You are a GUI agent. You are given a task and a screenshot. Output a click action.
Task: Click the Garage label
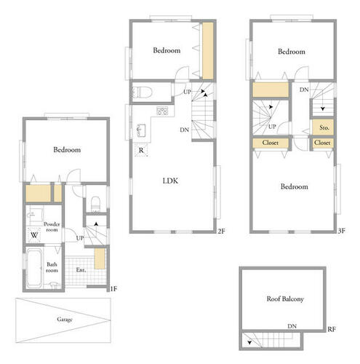pos(65,320)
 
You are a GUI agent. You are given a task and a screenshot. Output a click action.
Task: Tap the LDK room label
pos(170,181)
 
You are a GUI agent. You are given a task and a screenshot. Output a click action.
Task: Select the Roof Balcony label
pos(285,299)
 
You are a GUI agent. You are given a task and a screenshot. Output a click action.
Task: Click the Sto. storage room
pos(323,127)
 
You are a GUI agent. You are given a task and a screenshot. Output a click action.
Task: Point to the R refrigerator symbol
pos(141,150)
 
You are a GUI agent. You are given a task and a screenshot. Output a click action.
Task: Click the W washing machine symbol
pos(34,235)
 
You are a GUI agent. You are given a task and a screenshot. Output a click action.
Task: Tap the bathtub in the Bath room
pos(33,267)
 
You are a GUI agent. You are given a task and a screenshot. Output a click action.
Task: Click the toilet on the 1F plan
pos(95,203)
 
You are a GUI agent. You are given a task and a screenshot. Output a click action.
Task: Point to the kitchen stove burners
pos(162,111)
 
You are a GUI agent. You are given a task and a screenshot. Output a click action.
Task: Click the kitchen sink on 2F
pos(141,130)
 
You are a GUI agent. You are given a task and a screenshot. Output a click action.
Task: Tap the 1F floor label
pos(113,289)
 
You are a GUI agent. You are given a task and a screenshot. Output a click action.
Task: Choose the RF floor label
pos(332,329)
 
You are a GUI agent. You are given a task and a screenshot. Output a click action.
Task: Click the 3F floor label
pos(341,231)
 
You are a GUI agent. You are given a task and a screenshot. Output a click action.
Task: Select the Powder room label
pos(52,226)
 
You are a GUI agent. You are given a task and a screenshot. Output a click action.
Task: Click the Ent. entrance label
pos(81,269)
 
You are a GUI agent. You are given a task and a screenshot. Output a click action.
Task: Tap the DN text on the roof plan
pos(292,326)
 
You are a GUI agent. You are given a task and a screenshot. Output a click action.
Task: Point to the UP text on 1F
pos(80,238)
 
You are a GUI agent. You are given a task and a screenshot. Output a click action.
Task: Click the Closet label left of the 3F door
pos(270,143)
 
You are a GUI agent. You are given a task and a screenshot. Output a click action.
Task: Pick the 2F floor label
pos(221,232)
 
